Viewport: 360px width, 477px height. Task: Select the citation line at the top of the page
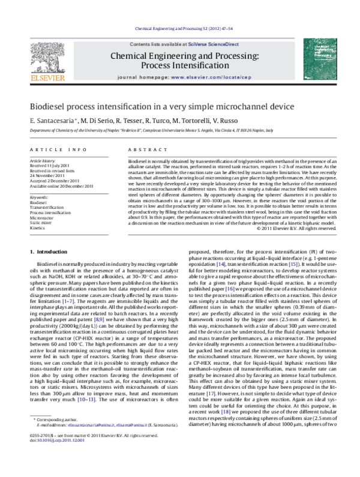click(179, 28)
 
